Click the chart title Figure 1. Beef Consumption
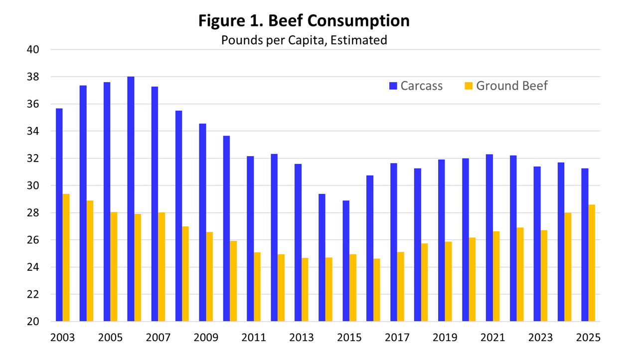[x=304, y=21]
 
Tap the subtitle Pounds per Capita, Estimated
[x=304, y=40]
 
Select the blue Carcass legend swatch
[x=393, y=86]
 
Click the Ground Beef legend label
[x=512, y=86]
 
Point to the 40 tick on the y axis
[x=33, y=49]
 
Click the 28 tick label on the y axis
[x=33, y=213]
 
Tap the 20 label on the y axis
[x=33, y=322]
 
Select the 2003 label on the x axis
[x=62, y=338]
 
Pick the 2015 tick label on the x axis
[x=349, y=338]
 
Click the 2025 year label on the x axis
[x=588, y=338]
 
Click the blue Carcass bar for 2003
[x=59, y=215]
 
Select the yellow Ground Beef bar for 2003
[x=66, y=258]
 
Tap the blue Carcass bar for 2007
[x=155, y=204]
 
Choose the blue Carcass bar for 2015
[x=346, y=261]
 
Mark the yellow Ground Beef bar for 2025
[x=592, y=263]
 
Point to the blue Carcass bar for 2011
[x=250, y=239]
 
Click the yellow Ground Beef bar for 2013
[x=305, y=290]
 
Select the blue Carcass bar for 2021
[x=489, y=238]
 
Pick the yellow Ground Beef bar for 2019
[x=448, y=282]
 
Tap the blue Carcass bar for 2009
[x=202, y=223]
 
